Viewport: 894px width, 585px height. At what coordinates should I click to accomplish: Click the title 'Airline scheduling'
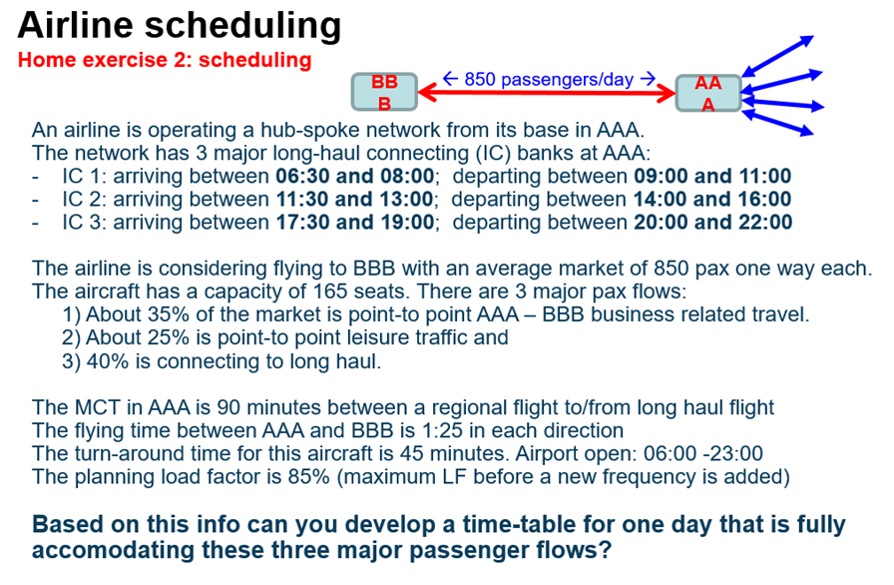(179, 23)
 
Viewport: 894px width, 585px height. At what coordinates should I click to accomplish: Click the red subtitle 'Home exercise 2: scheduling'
(165, 60)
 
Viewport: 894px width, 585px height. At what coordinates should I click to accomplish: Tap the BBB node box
(383, 92)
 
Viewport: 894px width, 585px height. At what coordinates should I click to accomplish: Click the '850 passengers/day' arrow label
(548, 78)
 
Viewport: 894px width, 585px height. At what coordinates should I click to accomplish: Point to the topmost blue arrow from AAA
(779, 55)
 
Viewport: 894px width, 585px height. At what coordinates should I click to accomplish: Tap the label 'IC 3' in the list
(83, 222)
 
